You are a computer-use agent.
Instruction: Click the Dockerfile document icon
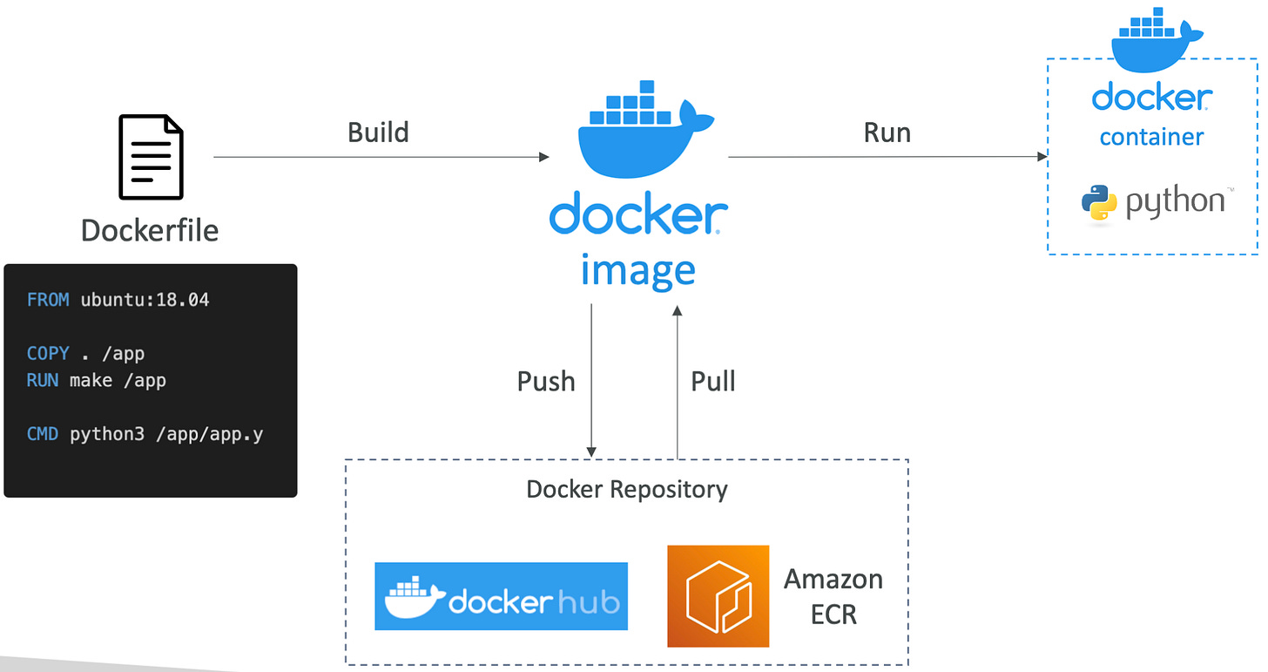tap(151, 157)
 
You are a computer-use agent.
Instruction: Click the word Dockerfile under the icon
tap(150, 230)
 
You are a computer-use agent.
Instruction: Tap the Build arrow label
tap(378, 132)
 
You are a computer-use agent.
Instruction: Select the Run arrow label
tap(887, 132)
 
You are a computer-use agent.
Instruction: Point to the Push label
tap(546, 381)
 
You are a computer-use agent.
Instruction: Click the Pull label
tap(713, 381)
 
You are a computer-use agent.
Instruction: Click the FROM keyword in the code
tap(48, 300)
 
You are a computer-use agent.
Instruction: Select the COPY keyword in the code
tap(48, 353)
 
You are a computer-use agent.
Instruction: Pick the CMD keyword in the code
tap(43, 433)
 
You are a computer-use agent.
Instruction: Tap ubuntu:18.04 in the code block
tap(145, 300)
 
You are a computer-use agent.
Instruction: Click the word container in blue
tap(1151, 137)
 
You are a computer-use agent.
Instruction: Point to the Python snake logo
tap(1099, 203)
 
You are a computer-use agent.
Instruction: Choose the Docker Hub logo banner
tap(501, 596)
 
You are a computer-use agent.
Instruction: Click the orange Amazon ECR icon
tap(718, 596)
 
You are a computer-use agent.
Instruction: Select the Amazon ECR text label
tap(833, 596)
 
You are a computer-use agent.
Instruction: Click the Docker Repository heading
tap(627, 489)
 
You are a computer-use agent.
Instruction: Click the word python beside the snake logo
tap(1175, 202)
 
